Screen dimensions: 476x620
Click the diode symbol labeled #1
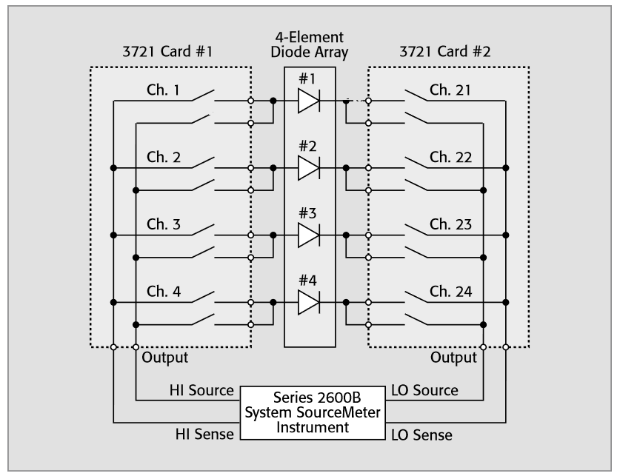pos(309,101)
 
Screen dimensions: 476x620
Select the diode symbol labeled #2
pos(309,168)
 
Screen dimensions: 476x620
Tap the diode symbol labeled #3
pos(309,235)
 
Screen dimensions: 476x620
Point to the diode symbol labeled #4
pos(309,302)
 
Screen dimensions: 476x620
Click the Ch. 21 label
pos(451,90)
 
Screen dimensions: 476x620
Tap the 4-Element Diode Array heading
pos(310,46)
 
